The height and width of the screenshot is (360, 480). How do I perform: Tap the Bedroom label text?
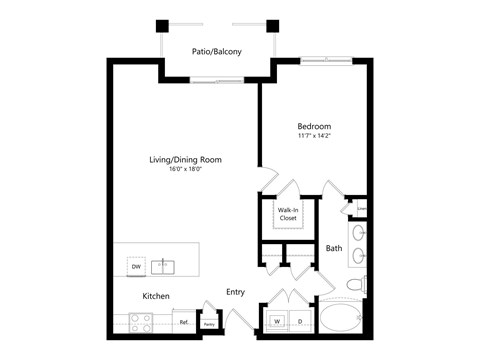click(x=313, y=126)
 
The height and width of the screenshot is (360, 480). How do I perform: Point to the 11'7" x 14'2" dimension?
click(x=313, y=137)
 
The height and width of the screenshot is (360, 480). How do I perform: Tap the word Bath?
click(x=334, y=248)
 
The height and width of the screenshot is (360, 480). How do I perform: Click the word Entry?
click(x=235, y=292)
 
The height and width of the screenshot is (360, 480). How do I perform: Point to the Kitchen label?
click(x=155, y=296)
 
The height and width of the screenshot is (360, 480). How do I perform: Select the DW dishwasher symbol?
click(x=135, y=267)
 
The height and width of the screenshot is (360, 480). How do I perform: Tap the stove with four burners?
click(x=140, y=323)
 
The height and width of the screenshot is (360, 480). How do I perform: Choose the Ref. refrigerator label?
click(x=184, y=322)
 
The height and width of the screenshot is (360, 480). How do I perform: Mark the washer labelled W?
click(x=277, y=322)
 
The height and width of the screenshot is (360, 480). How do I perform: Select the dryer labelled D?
click(x=299, y=322)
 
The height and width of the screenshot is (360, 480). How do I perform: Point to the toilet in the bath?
click(x=356, y=288)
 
